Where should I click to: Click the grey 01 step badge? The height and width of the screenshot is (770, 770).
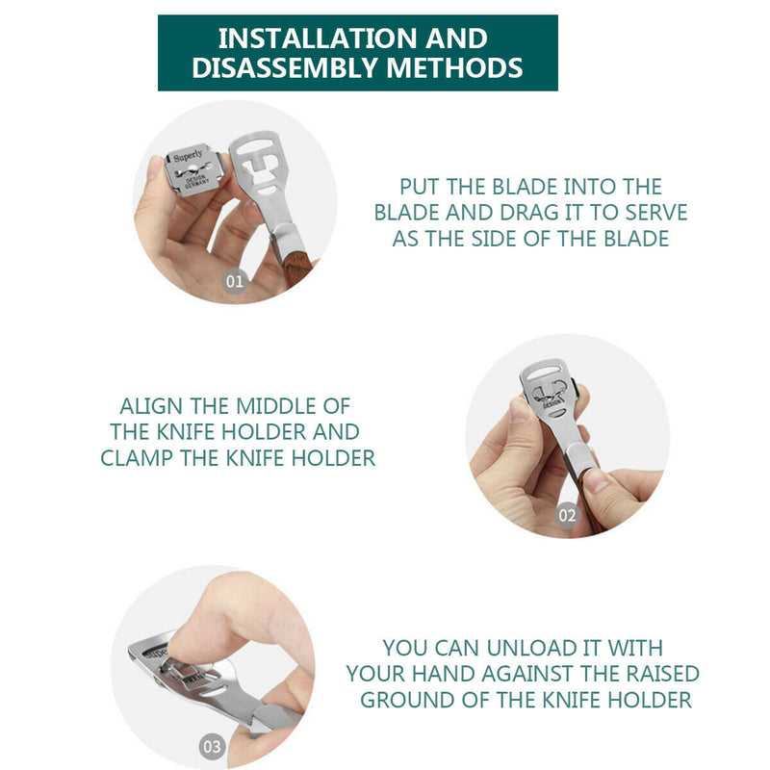click(x=235, y=281)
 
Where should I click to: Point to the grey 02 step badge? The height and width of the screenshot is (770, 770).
click(x=567, y=515)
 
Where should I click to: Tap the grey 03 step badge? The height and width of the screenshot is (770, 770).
click(x=212, y=747)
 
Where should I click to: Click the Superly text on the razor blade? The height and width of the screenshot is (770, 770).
click(x=188, y=156)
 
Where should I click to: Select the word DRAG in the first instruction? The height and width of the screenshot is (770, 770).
click(x=530, y=213)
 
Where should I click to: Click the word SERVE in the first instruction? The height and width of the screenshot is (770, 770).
click(x=656, y=213)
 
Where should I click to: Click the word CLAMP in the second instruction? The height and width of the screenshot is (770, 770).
click(x=137, y=458)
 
